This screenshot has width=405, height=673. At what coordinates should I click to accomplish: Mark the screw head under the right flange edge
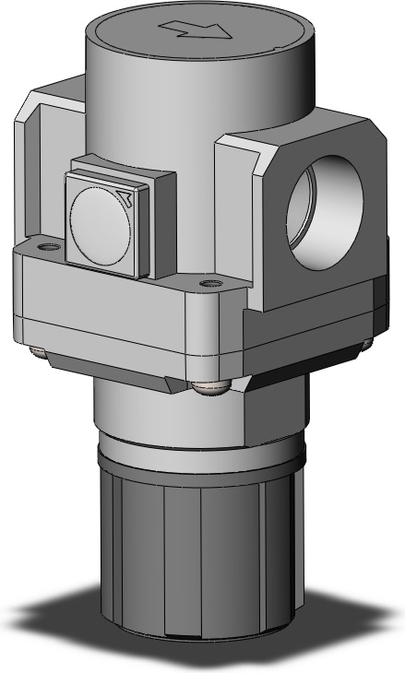tap(366, 343)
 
